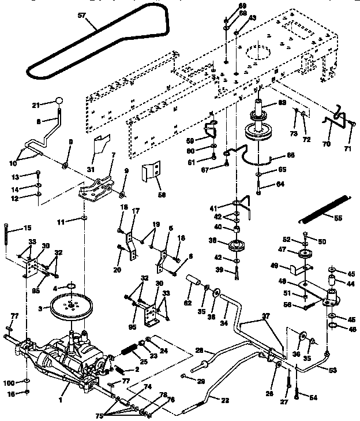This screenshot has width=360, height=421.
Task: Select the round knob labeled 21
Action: pyautogui.click(x=58, y=102)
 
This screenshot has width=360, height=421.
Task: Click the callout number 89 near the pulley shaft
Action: pyautogui.click(x=282, y=102)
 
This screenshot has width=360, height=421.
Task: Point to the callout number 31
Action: pyautogui.click(x=89, y=169)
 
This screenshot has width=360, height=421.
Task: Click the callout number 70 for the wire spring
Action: pyautogui.click(x=327, y=144)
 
